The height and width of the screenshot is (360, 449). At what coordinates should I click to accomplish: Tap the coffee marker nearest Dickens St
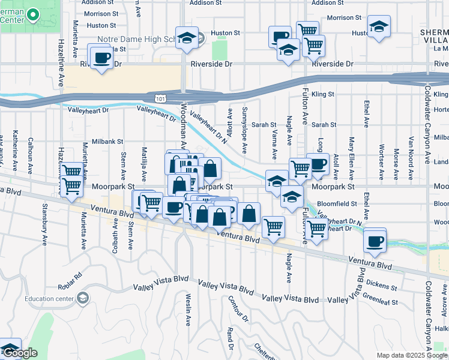pyautogui.click(x=375, y=241)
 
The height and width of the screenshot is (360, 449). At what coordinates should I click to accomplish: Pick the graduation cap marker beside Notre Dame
pyautogui.click(x=187, y=37)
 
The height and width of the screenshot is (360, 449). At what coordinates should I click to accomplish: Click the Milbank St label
pyautogui.click(x=108, y=142)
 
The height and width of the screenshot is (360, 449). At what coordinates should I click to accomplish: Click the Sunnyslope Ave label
pyautogui.click(x=244, y=131)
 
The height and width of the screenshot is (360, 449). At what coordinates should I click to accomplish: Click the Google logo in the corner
pyautogui.click(x=20, y=353)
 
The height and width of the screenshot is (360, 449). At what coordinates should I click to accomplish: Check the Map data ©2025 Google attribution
pyautogui.click(x=412, y=355)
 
